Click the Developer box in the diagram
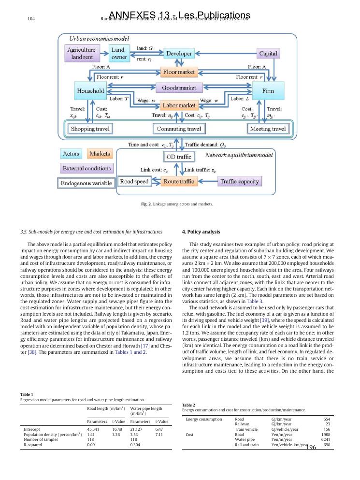pos(179,54)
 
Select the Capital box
pos(273,54)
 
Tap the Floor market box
pos(179,72)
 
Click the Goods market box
pos(179,88)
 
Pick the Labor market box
pos(179,105)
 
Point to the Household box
pos(90,90)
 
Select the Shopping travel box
pos(90,129)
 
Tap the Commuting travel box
pos(179,129)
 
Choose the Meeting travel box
pos(268,129)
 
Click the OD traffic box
pos(179,157)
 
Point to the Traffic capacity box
pos(240,181)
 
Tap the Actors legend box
pos(72,154)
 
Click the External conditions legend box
pos(86,168)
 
